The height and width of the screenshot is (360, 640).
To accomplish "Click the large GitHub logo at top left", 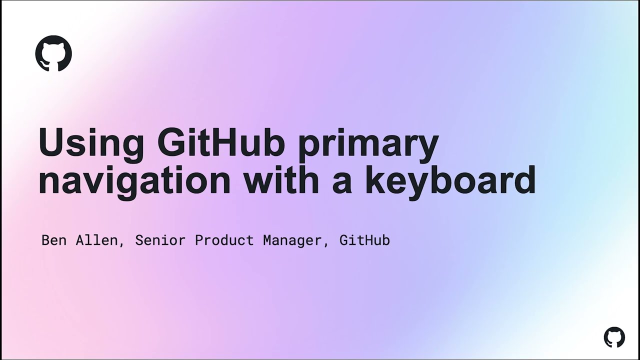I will coord(53,53).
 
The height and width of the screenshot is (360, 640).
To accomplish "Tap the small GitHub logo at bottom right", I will coord(614,337).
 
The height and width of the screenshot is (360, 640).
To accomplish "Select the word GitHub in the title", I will coord(221,143).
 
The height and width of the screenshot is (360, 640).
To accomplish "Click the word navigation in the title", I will coord(134,181).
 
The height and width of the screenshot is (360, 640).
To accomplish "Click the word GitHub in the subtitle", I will coord(364,240).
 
